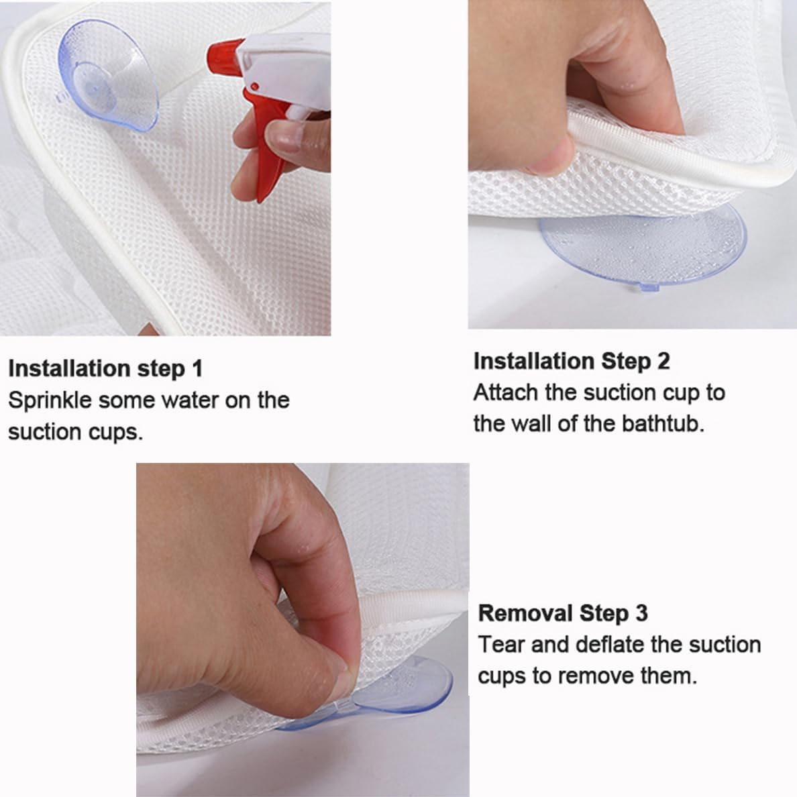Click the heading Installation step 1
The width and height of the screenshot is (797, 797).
pyautogui.click(x=105, y=368)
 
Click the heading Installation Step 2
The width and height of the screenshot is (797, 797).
pyautogui.click(x=572, y=361)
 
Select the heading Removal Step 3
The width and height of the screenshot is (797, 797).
pyautogui.click(x=563, y=613)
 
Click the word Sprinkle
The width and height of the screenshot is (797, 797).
pyautogui.click(x=50, y=401)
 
